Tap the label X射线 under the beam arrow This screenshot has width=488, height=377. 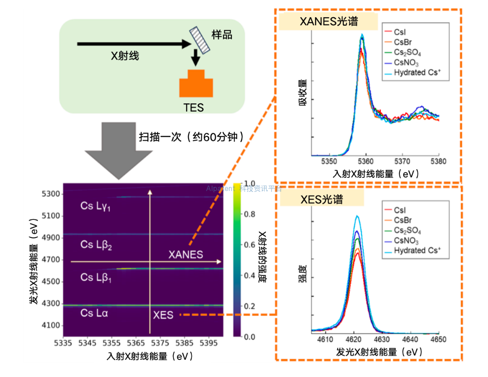(x=125, y=56)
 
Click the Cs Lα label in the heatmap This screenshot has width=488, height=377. (x=94, y=312)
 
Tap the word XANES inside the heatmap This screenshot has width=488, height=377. (x=186, y=255)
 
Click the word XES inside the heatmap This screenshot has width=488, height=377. (x=163, y=315)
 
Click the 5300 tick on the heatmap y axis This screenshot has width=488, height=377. (x=51, y=194)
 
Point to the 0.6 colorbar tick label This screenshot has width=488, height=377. (x=249, y=244)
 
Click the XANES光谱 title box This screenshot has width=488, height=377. (x=322, y=21)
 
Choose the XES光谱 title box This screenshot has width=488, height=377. (x=322, y=199)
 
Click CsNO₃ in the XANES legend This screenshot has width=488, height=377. (x=406, y=63)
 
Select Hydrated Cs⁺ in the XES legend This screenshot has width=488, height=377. (x=417, y=250)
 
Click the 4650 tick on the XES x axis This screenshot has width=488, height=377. (x=438, y=340)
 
